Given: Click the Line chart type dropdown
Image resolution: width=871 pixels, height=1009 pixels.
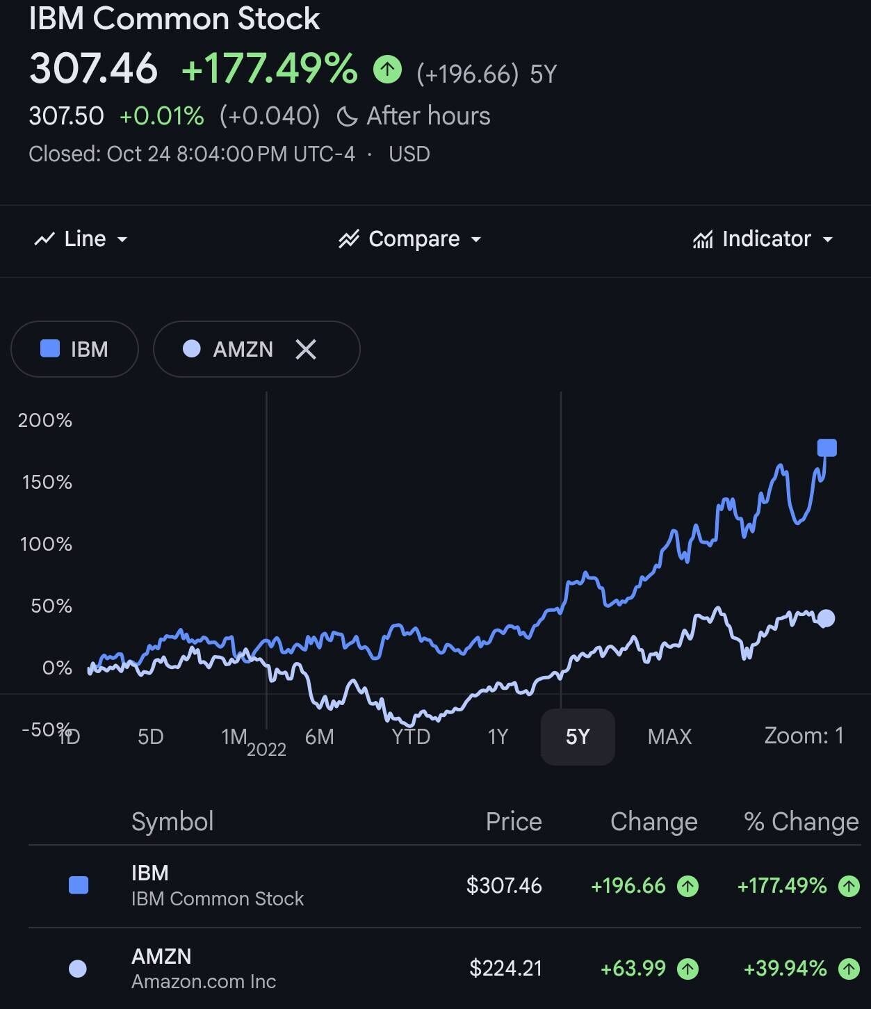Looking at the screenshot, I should [x=81, y=239].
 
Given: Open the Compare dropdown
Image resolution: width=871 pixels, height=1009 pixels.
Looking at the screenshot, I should [x=410, y=239].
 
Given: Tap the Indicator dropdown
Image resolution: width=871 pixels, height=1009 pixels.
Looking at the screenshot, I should [x=763, y=239].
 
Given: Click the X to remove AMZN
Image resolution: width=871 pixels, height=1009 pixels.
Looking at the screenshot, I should [x=306, y=349].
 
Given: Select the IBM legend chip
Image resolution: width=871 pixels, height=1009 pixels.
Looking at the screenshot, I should [x=74, y=349].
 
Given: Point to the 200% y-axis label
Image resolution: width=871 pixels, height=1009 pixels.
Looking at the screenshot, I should [x=45, y=420].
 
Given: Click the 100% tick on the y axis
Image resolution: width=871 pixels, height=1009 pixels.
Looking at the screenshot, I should [x=46, y=544].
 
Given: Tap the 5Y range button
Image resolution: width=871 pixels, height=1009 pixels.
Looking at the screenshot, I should [x=578, y=736].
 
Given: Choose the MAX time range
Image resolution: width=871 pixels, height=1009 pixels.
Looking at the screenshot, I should [x=669, y=736].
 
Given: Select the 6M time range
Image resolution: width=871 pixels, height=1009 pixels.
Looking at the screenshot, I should [x=320, y=736].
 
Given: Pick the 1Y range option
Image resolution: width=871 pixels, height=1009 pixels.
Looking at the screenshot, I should [x=498, y=736].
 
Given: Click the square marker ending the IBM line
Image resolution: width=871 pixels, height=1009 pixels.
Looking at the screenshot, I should [x=827, y=448].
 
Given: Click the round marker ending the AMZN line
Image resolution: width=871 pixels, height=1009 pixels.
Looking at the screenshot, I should [x=826, y=618].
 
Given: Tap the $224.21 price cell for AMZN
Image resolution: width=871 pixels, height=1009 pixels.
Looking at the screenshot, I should [x=505, y=968].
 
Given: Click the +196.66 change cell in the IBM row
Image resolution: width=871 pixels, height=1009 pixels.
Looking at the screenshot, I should [x=628, y=885].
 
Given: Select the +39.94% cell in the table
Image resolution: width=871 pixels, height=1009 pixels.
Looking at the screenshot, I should [x=785, y=968].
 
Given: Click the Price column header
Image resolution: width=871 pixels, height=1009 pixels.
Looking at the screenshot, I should [x=514, y=822].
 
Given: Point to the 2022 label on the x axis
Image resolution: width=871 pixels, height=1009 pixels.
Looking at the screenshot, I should [x=266, y=750].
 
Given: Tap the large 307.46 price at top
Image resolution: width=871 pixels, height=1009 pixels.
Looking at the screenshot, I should [x=94, y=69].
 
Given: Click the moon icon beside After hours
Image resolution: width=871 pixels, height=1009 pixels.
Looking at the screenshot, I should [x=346, y=116].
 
